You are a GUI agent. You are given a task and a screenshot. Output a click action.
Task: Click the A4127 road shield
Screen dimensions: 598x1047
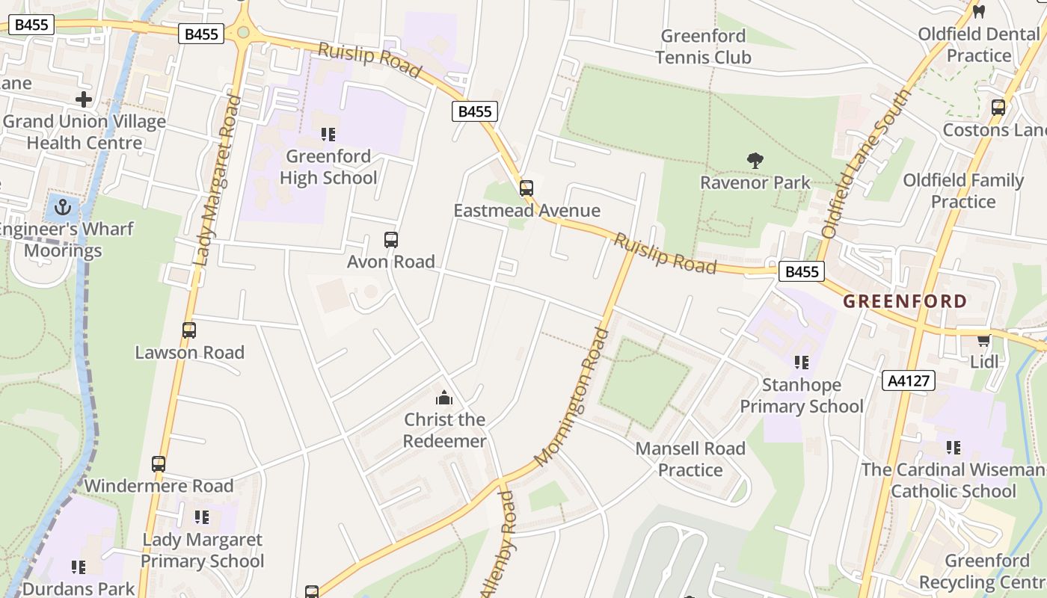coord(909,380)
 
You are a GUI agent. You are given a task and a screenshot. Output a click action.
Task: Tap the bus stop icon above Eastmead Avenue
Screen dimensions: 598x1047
coord(526,188)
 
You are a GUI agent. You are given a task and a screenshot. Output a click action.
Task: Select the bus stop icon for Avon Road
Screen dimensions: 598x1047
coord(390,240)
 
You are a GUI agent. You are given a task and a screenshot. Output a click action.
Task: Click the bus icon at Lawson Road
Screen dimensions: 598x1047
coord(189,330)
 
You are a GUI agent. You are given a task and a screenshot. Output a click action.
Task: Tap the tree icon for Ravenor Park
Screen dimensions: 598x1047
coord(755,160)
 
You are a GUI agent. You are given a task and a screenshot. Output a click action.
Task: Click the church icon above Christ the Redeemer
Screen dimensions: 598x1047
coord(444,398)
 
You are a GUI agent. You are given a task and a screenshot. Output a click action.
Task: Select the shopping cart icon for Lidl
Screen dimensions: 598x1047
coord(983,340)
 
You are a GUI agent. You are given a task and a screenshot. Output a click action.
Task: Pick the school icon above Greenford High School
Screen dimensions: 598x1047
coord(328,135)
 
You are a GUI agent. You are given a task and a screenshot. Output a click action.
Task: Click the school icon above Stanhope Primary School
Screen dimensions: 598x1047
coord(802,363)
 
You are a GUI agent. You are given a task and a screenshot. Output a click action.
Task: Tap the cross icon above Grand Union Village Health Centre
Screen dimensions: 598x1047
coord(84,99)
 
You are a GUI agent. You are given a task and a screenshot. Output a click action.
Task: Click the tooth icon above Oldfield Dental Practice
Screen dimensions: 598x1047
coord(978,12)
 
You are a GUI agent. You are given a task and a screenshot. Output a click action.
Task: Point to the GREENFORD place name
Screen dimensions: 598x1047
coord(905,301)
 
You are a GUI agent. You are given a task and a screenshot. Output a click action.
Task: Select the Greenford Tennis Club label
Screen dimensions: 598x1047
coord(703,46)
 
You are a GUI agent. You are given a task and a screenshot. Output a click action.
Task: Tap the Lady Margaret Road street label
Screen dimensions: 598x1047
coord(215,179)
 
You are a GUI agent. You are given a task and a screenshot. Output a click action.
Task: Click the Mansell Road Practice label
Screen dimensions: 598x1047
coord(690,459)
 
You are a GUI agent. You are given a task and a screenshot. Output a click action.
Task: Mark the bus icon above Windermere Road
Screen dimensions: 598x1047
coord(159,463)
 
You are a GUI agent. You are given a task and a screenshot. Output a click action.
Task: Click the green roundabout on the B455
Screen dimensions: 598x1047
coord(242,32)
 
